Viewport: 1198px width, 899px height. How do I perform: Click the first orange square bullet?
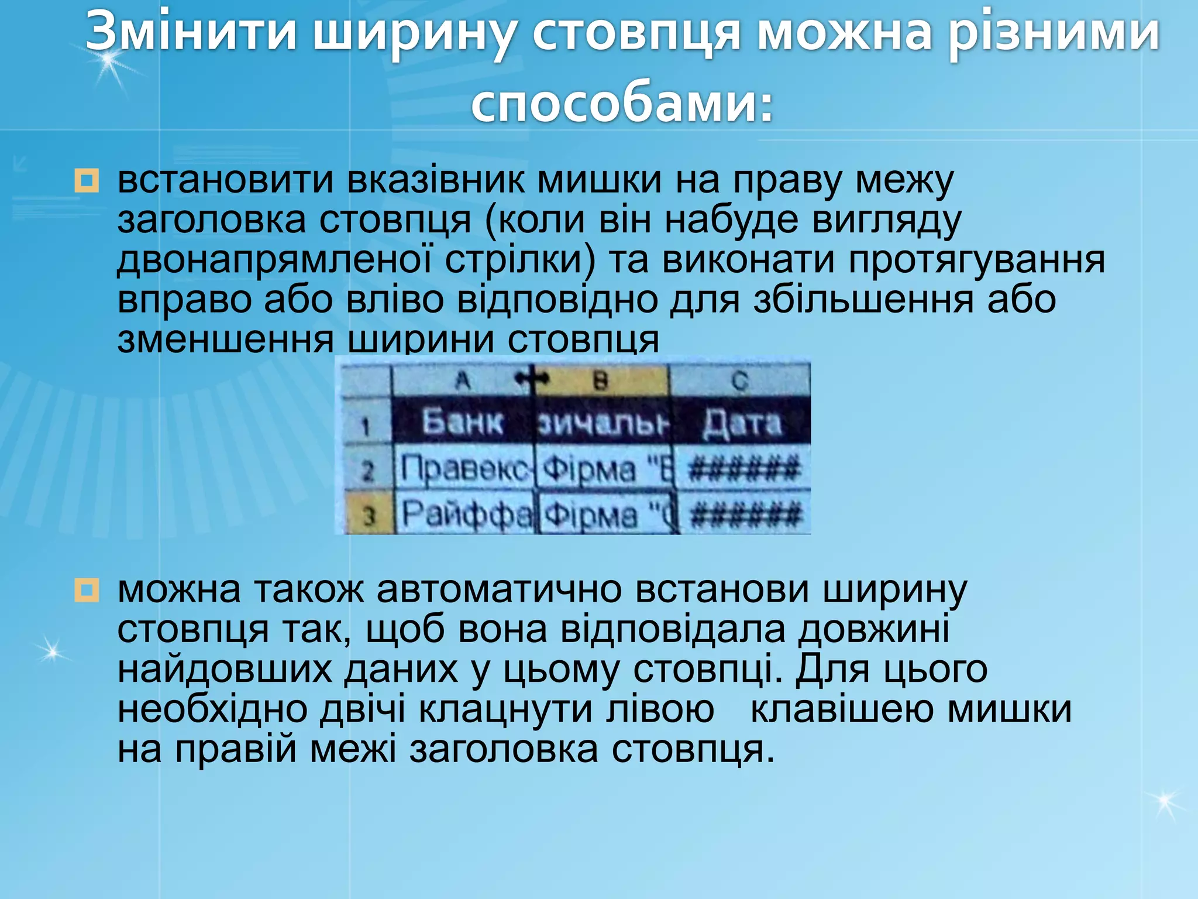87,180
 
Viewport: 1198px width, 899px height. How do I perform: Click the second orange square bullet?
87,590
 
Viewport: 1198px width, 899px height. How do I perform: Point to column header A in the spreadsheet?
462,381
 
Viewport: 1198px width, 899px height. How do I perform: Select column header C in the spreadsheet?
739,381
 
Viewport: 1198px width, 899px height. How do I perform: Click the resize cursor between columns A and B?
532,380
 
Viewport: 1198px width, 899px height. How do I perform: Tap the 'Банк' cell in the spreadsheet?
462,422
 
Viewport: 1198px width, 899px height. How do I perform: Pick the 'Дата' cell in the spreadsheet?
742,423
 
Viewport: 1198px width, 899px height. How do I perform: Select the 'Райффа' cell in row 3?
466,514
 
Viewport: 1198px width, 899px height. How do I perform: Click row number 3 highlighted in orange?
368,516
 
